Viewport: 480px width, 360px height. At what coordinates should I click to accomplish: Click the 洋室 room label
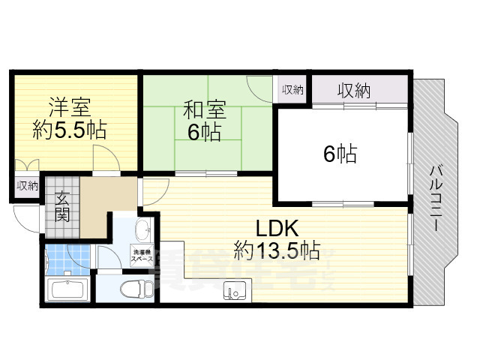pos(69,106)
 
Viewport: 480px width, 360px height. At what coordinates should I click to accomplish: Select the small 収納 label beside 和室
pos(292,91)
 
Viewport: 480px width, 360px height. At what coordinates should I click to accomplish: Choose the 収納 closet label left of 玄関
pos(27,186)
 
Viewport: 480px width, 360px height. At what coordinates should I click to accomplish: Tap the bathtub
pos(68,289)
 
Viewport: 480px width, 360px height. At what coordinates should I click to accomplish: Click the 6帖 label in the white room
pos(339,154)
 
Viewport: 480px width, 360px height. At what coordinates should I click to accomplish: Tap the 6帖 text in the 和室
pos(204,133)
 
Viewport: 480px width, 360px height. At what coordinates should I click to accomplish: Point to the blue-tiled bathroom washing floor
pos(67,260)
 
